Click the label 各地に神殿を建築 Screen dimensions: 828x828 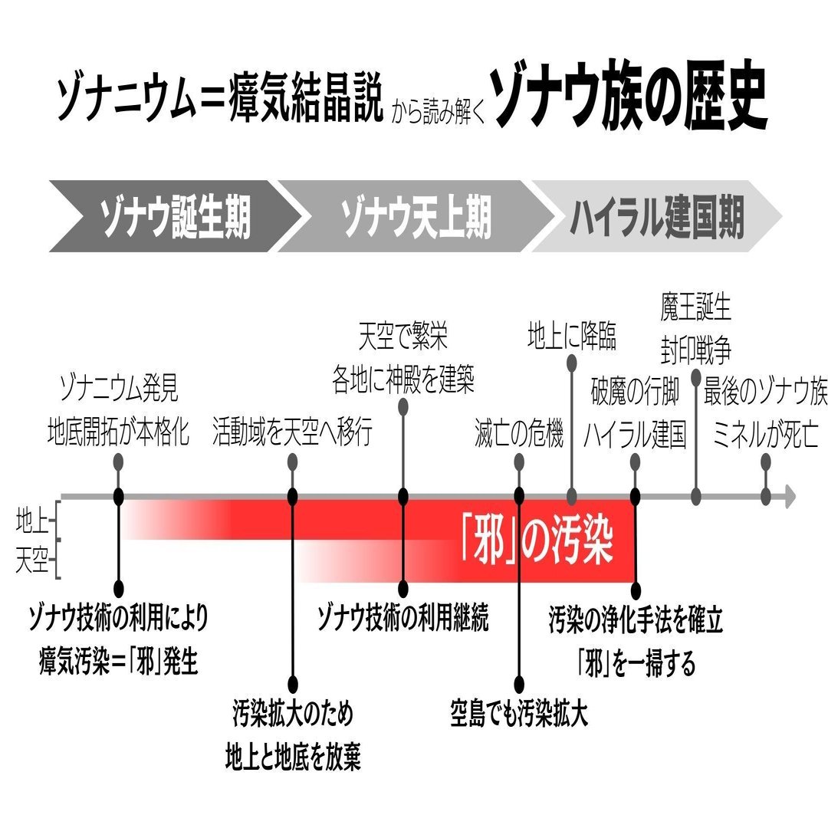[403, 380]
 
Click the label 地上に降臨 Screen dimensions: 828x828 [572, 337]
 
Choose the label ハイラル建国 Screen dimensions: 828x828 [635, 435]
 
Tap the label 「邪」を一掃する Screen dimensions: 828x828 [636, 662]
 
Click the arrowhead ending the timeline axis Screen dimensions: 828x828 [789, 496]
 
